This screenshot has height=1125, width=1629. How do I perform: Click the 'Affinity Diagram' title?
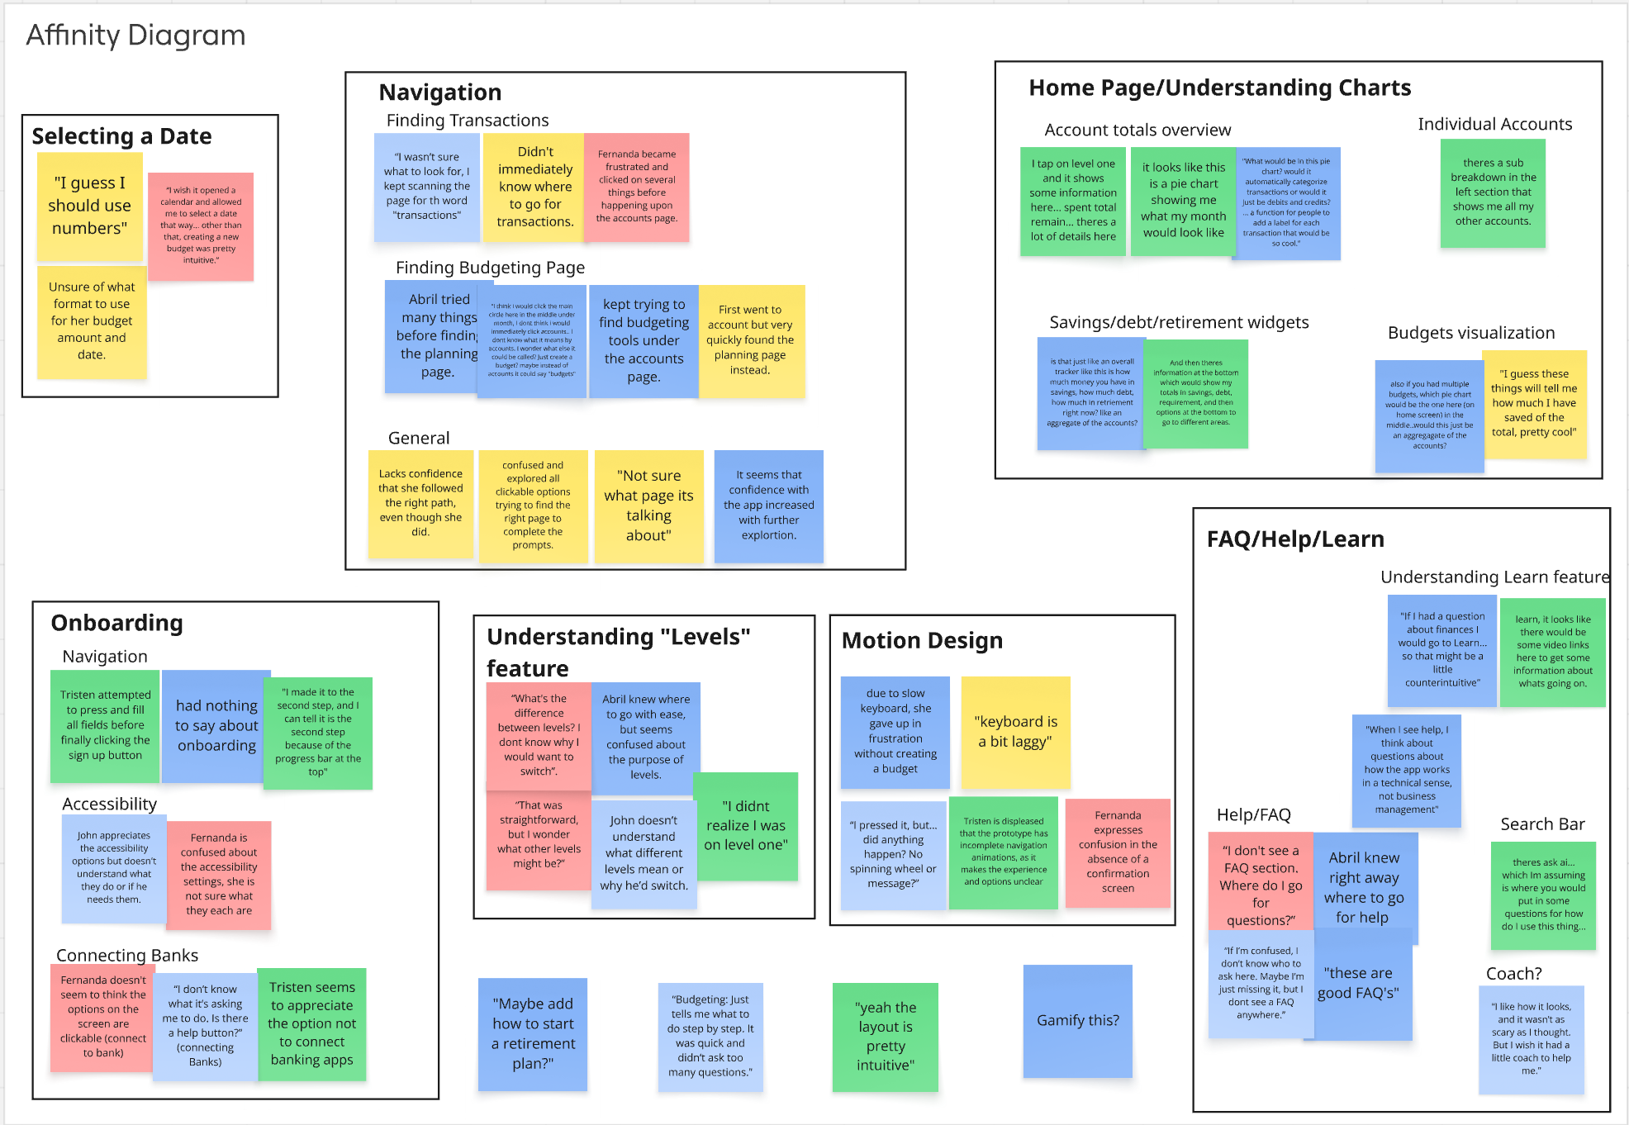(x=135, y=36)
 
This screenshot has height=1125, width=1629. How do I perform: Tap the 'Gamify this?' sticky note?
(x=1077, y=1021)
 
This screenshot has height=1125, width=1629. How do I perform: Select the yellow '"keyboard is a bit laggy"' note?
(x=1015, y=732)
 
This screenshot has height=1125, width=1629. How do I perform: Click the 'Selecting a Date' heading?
(x=121, y=136)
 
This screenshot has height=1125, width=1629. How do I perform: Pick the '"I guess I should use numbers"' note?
(x=90, y=206)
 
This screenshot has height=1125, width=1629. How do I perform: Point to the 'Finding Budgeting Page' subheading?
(x=490, y=268)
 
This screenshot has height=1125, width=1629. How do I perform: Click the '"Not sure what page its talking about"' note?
(x=648, y=506)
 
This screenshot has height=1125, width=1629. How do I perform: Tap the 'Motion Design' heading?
(x=922, y=641)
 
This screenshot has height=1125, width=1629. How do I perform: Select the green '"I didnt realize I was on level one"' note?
(x=745, y=825)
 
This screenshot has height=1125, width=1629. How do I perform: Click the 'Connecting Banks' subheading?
(x=127, y=956)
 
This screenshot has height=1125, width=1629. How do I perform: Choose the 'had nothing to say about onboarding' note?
(x=216, y=725)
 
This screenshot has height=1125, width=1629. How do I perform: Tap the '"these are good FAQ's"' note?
(x=1361, y=983)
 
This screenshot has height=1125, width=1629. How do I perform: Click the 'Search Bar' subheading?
(x=1542, y=824)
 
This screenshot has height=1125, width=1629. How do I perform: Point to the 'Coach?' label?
(x=1513, y=974)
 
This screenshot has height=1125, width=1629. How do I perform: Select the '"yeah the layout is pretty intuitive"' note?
(x=886, y=1036)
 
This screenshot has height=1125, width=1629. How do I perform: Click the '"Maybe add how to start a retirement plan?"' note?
(x=533, y=1033)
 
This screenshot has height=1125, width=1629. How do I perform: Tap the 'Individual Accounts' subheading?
(x=1494, y=125)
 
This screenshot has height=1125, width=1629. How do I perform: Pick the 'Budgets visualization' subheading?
(x=1470, y=333)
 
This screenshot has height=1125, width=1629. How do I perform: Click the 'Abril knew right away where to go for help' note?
(x=1364, y=887)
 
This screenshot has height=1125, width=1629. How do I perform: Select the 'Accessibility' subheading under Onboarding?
(x=109, y=805)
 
